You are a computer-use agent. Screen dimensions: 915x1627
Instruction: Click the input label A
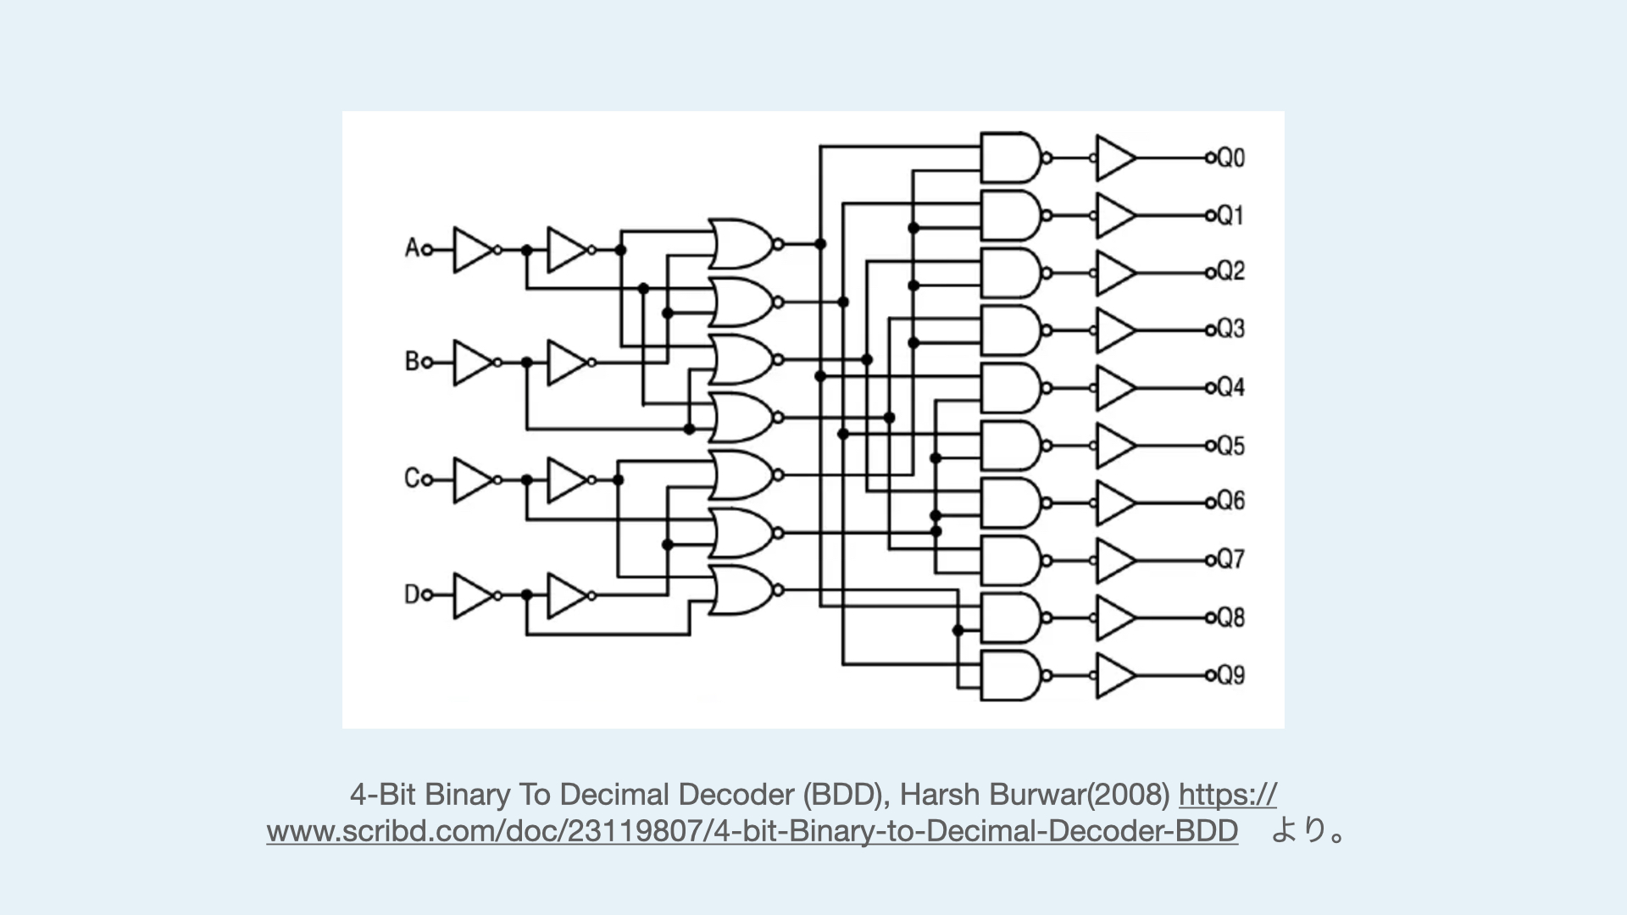pos(412,248)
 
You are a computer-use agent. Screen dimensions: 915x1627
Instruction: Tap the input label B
pos(412,362)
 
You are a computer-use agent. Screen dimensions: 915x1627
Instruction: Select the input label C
pos(412,479)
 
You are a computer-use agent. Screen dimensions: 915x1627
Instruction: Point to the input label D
pos(412,595)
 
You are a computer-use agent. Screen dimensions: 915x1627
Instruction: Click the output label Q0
pos(1231,158)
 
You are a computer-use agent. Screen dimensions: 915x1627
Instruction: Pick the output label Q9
pos(1231,675)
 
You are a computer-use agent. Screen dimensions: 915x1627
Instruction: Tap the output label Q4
pos(1231,388)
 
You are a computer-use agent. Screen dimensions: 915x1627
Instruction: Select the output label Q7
pos(1231,560)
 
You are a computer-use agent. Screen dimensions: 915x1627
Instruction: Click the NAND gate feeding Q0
pos(1010,158)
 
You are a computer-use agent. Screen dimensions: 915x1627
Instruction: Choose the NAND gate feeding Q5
pos(1010,446)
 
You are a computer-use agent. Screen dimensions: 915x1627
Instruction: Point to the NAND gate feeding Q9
pos(1010,675)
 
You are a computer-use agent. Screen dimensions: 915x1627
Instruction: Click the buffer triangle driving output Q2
pos(1115,273)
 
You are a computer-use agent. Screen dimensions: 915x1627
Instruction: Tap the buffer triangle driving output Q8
pos(1115,618)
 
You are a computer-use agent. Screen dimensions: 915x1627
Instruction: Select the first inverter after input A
pos(472,249)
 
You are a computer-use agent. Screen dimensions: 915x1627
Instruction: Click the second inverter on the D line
pos(566,596)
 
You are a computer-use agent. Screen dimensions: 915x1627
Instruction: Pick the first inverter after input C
pos(472,480)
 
